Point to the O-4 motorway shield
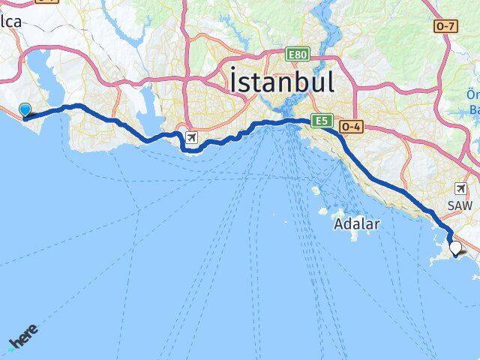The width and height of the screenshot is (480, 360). [351, 127]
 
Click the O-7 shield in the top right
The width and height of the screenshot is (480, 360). [445, 26]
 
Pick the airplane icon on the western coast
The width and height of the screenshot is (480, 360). [192, 138]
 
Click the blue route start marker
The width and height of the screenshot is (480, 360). [25, 110]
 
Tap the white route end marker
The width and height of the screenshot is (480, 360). [454, 247]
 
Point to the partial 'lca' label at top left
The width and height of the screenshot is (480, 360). [13, 22]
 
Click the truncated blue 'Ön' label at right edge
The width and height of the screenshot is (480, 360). [472, 94]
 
